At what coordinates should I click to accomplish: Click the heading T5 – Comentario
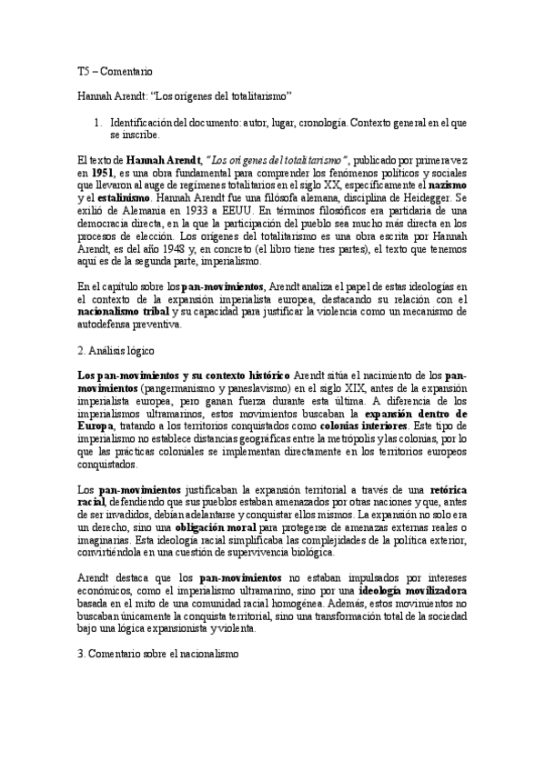[x=115, y=70]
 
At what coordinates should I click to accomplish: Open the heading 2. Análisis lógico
[x=117, y=349]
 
